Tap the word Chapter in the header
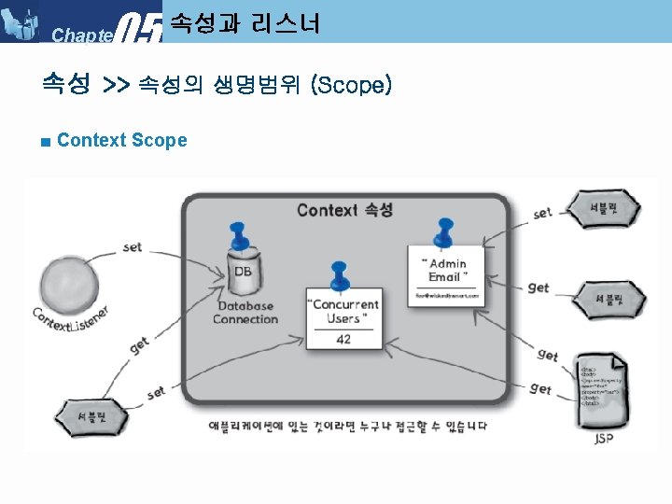point(82,35)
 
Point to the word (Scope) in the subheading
point(353,86)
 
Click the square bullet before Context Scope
point(46,142)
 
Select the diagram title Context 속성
point(344,209)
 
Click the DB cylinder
point(243,271)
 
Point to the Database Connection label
point(245,313)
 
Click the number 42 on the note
point(343,339)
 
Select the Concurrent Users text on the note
point(344,312)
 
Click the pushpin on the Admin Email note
point(443,230)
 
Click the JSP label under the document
point(605,438)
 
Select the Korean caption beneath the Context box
point(346,427)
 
